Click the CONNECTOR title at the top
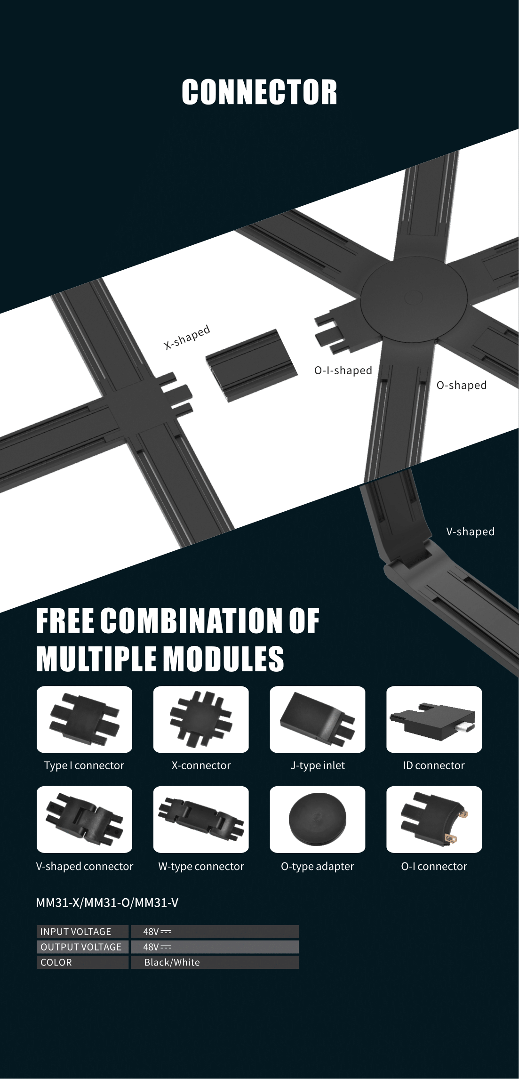tap(259, 92)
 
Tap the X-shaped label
tap(187, 337)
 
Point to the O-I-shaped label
tap(343, 370)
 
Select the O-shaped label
tap(461, 385)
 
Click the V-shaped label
tap(470, 531)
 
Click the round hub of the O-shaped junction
tap(414, 298)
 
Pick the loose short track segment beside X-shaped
tap(252, 365)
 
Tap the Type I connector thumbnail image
tap(84, 719)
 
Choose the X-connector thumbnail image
tap(201, 719)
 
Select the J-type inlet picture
tap(318, 719)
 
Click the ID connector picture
tap(434, 719)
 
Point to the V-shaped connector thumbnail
tap(84, 819)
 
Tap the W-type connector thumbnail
tap(201, 819)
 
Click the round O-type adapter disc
tap(318, 819)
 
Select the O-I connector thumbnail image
tap(434, 819)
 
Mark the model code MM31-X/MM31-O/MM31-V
tap(107, 902)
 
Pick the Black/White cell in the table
tap(172, 962)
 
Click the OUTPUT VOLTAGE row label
tap(81, 947)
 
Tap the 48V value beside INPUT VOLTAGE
tap(157, 932)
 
